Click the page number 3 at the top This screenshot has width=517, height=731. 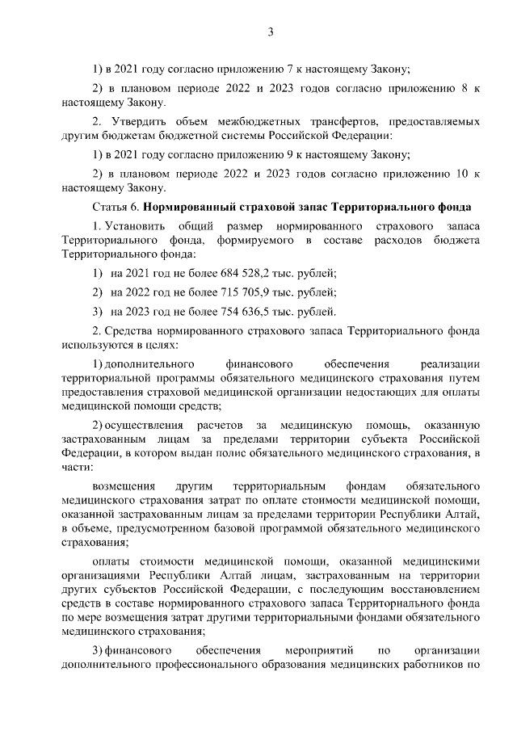click(271, 32)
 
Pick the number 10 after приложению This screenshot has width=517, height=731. click(460, 174)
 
